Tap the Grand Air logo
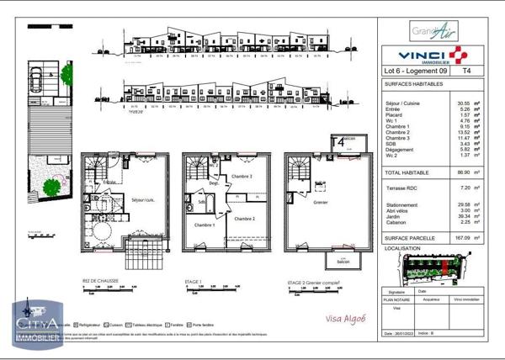434,33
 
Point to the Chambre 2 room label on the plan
243,218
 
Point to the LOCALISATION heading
401,250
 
